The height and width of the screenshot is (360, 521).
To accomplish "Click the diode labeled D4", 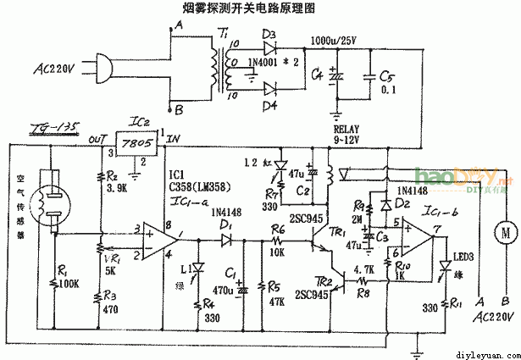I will (272, 87).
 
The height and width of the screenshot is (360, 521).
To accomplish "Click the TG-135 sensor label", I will (53, 129).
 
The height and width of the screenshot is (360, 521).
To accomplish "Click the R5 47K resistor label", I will (275, 294).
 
